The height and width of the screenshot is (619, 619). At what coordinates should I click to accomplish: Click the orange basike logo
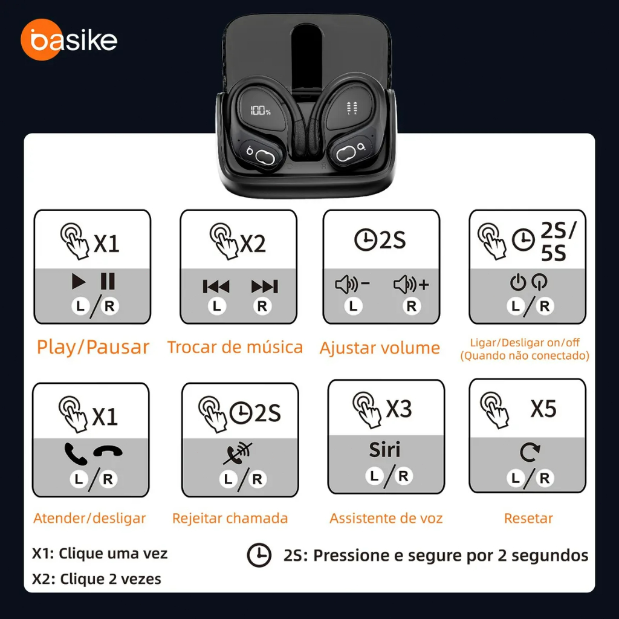(x=69, y=39)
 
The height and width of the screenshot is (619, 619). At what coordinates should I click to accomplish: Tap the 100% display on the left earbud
(x=260, y=110)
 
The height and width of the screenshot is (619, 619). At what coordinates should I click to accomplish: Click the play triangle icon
(x=79, y=282)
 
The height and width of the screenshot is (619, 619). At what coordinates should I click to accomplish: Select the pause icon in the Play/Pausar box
(x=108, y=282)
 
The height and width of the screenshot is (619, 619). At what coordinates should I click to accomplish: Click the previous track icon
(x=216, y=286)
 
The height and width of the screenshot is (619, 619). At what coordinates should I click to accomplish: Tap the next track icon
(x=265, y=286)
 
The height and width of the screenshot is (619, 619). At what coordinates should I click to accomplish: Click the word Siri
(x=384, y=450)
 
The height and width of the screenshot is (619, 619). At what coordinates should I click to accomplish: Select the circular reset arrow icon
(x=530, y=452)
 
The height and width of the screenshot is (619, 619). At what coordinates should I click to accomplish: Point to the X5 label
(x=543, y=409)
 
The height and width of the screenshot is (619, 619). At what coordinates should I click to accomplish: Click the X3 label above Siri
(x=399, y=409)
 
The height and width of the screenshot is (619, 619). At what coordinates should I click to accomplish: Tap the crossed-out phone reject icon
(x=237, y=453)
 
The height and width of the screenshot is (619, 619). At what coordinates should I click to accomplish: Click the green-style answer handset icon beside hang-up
(x=76, y=454)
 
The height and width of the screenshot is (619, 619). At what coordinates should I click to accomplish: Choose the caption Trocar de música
(x=235, y=347)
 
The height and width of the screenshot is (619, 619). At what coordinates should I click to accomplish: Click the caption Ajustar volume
(x=380, y=348)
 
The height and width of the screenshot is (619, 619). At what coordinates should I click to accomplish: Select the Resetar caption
(x=528, y=518)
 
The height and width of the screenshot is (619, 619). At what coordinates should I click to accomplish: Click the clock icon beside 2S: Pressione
(x=259, y=555)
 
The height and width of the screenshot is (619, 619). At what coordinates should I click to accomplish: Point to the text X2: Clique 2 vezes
(x=97, y=578)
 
